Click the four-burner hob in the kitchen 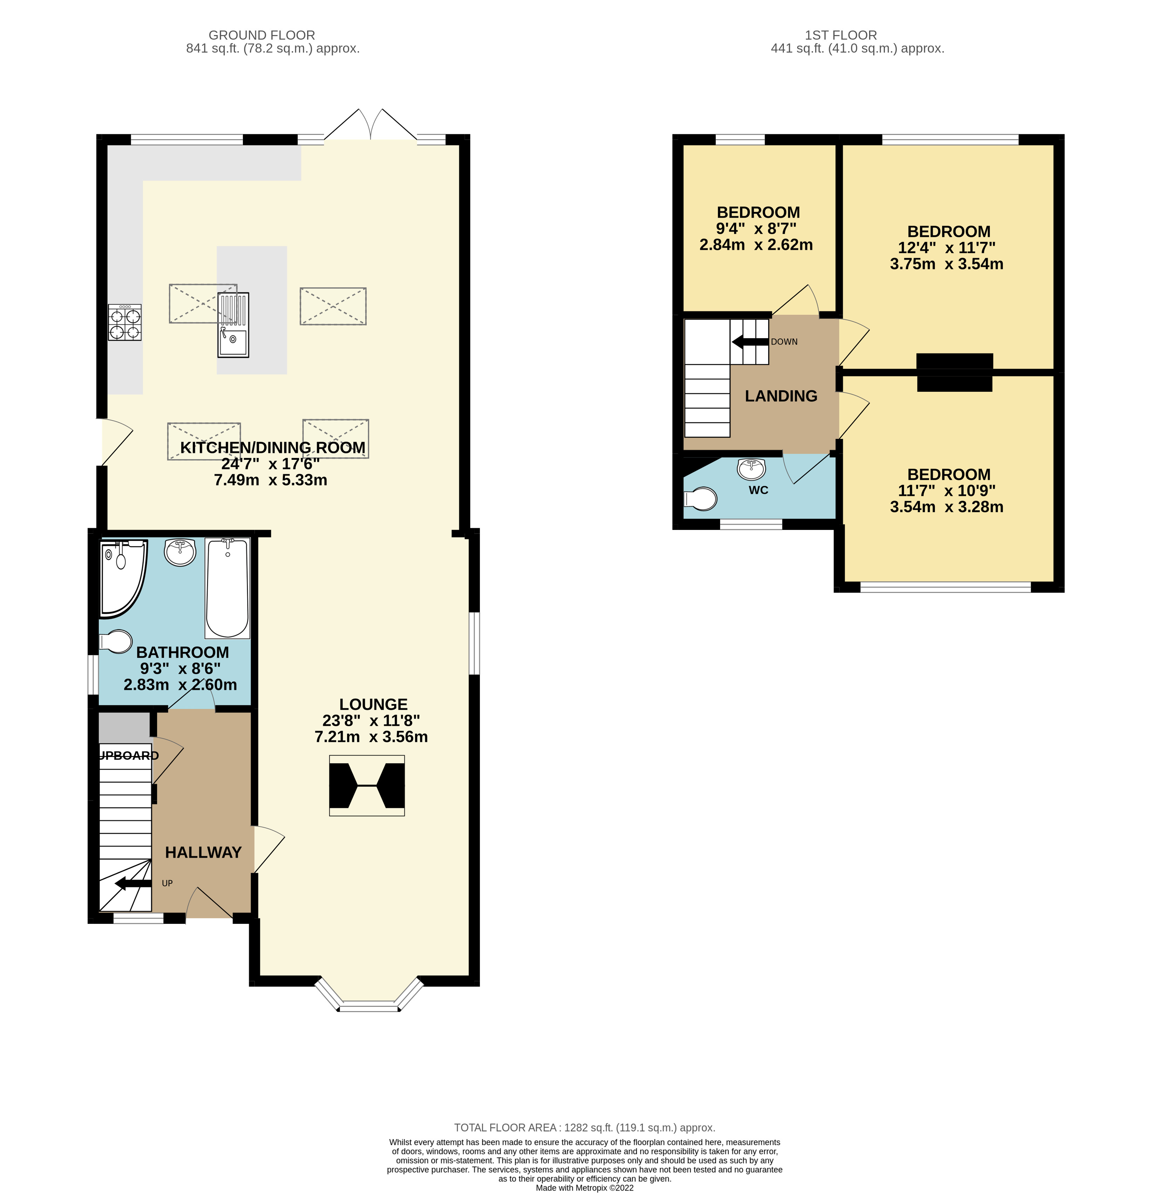click(125, 322)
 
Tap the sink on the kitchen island click(233, 342)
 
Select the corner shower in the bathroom click(121, 575)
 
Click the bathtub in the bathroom click(227, 587)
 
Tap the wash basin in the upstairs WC click(751, 469)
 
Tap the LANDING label click(781, 396)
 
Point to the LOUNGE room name click(373, 704)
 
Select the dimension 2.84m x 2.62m click(755, 245)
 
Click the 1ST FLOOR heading click(840, 35)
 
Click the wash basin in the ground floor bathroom click(180, 552)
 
